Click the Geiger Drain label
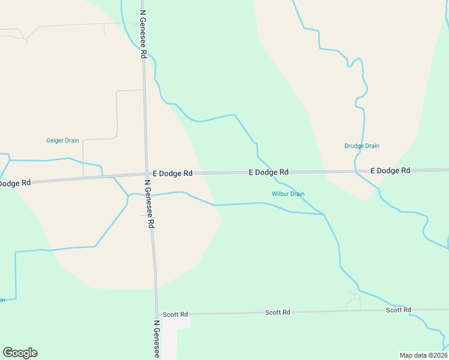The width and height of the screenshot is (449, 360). [x=62, y=140]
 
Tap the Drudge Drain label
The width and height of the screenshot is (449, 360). [x=361, y=146]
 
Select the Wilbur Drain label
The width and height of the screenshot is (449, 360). [x=288, y=194]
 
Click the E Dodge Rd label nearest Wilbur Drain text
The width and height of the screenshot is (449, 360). [x=268, y=172]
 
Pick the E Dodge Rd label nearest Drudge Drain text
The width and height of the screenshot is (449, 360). [x=390, y=170]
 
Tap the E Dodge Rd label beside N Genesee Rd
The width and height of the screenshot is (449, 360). [x=172, y=173]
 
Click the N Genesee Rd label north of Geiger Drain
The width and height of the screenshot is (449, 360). [x=143, y=33]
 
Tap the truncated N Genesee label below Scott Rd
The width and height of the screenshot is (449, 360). [x=157, y=339]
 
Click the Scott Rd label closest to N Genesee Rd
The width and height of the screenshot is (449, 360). [x=175, y=314]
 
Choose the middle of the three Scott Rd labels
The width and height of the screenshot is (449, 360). [x=278, y=313]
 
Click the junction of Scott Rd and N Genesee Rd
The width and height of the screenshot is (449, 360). [x=157, y=314]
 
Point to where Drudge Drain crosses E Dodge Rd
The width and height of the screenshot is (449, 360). [x=355, y=172]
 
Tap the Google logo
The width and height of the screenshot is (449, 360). [x=20, y=353]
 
